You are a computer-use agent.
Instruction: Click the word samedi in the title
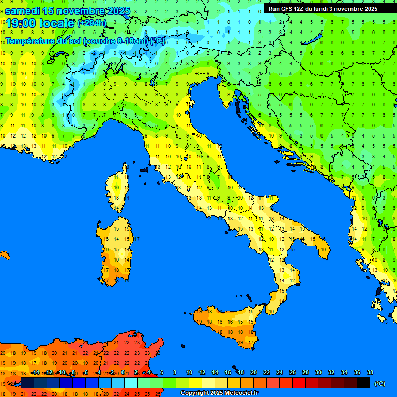pos(24,11)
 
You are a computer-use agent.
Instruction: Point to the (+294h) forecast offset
pos(92,23)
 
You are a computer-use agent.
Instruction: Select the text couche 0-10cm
pos(116,41)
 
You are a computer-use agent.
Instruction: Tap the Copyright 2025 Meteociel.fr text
pos(219,393)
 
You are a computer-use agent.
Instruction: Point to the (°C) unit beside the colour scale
pos(380,384)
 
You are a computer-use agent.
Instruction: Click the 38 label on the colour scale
pos(370,373)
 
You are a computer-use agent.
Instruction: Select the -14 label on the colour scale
pos(36,373)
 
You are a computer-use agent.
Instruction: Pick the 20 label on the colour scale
pos(254,373)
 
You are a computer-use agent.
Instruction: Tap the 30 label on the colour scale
pos(318,373)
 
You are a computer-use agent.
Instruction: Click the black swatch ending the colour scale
pos(363,383)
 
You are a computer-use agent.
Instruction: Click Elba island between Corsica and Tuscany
pos(144,170)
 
